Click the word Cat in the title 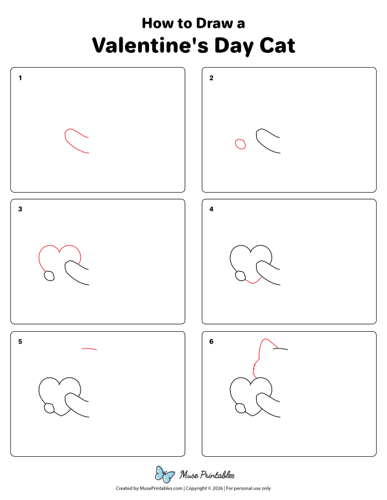(x=273, y=46)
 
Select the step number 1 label (x=21, y=78)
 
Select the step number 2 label (x=212, y=78)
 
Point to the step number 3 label (x=21, y=209)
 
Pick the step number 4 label (x=212, y=209)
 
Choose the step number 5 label (x=21, y=341)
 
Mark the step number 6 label (x=212, y=341)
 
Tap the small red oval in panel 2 (x=241, y=144)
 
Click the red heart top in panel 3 (x=59, y=248)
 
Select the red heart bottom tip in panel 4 (x=253, y=281)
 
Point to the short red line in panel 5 (x=90, y=349)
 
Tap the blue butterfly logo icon (x=165, y=474)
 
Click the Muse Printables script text (x=206, y=475)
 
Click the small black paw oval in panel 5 (x=48, y=408)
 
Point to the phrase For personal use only (x=248, y=488)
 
